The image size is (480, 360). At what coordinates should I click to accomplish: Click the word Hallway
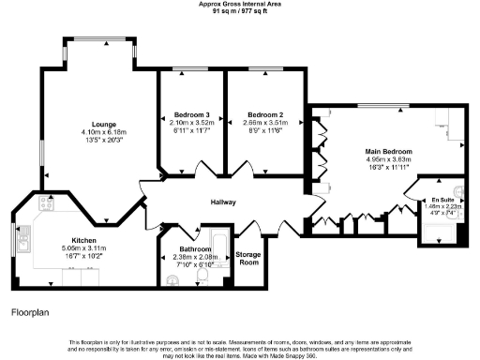[222, 202]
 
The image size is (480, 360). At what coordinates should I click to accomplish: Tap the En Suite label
[438, 200]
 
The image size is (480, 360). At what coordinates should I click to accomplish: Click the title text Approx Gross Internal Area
[240, 4]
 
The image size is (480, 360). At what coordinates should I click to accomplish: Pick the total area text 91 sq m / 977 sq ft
[240, 11]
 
